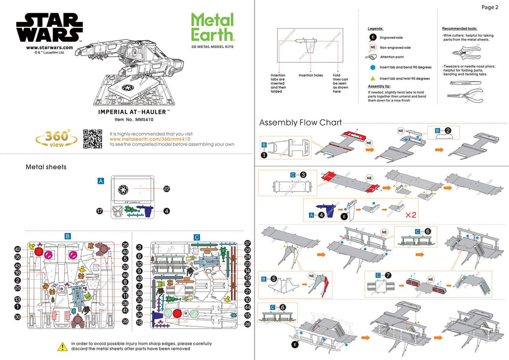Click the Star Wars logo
49,28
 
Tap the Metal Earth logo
212,27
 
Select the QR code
92,139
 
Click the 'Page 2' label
490,7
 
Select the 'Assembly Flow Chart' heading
300,122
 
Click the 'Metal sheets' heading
46,167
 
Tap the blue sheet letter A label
100,181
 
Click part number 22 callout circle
167,188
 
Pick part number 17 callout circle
99,211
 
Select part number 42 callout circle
17,249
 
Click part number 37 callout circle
248,243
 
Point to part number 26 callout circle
248,324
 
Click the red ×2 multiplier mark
411,216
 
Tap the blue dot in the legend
372,67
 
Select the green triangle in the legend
372,78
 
